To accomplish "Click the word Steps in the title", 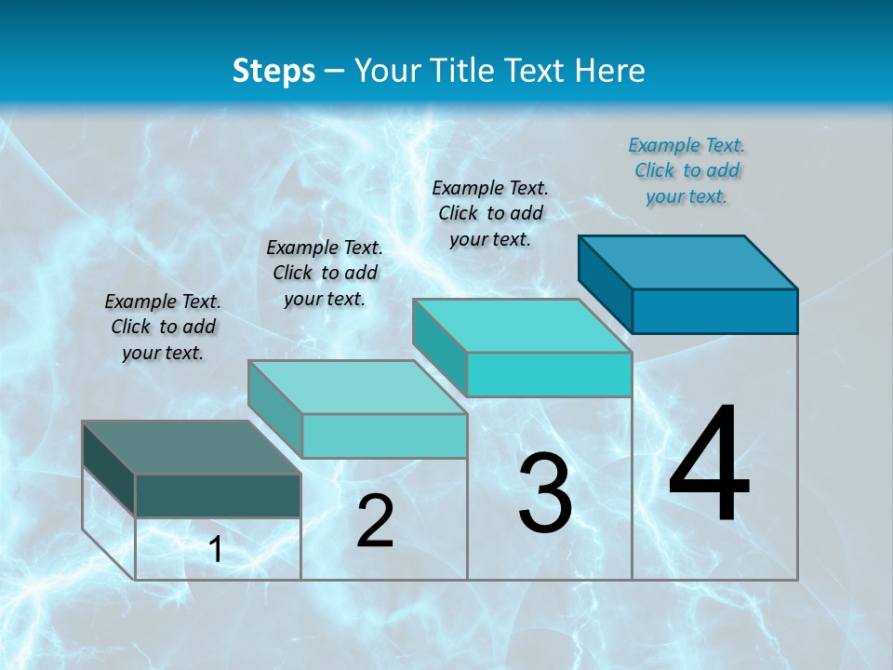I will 273,71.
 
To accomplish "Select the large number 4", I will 709,464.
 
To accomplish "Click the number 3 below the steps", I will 545,493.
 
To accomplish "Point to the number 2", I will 375,521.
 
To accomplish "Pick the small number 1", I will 216,550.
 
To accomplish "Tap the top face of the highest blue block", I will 687,261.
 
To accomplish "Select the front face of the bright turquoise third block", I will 549,374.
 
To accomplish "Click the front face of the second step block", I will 384,435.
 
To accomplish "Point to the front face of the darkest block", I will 218,495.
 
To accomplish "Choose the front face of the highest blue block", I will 714,311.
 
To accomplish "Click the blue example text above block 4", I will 686,170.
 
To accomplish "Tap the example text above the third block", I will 490,213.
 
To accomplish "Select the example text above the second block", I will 325,273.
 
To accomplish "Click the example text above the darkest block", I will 163,327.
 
